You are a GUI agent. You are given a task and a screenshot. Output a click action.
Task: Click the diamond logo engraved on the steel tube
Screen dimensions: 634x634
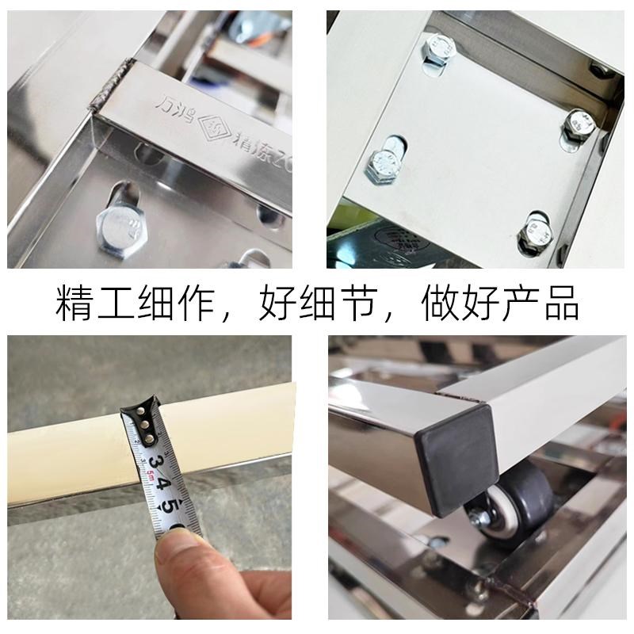[210, 124]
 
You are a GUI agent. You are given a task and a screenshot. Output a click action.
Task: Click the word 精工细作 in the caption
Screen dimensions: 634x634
[139, 304]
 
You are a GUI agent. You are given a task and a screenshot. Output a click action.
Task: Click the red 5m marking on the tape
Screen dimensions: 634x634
[150, 475]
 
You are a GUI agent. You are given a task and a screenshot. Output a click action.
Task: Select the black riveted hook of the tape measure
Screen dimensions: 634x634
[143, 421]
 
